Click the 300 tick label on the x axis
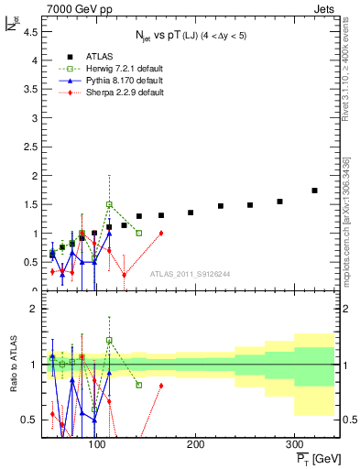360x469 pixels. click(293, 444)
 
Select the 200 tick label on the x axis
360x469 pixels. click(195, 444)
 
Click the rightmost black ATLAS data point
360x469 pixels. click(314, 191)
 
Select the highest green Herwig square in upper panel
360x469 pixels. click(109, 204)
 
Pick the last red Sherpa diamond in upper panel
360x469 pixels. click(161, 233)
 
